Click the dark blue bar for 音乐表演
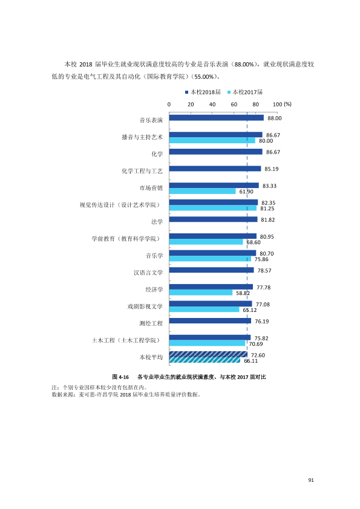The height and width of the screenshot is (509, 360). tap(217, 118)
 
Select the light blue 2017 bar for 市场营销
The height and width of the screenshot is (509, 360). tap(203, 191)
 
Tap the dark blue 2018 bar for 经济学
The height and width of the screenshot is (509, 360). tap(211, 287)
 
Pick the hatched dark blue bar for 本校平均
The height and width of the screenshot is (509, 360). tap(208, 354)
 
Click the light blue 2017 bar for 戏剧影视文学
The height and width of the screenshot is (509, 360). tap(205, 310)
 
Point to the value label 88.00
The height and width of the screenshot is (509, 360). tap(275, 118)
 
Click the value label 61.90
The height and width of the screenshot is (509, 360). tap(246, 192)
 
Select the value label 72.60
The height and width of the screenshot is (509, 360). tap(258, 355)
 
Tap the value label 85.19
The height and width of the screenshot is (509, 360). tap(272, 169)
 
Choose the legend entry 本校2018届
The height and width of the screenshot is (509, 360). tap(203, 92)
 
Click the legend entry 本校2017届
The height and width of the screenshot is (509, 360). tap(245, 92)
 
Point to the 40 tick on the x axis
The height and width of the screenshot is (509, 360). tap(212, 104)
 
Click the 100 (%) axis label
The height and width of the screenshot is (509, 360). tap(282, 104)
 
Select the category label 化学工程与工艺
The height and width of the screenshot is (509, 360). tap(142, 171)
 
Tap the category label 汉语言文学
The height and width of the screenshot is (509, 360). tap(148, 273)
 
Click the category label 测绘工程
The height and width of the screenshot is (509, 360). tap(151, 323)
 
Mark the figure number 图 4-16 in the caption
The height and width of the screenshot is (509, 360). tap(120, 377)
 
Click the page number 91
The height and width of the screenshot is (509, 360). tap(311, 480)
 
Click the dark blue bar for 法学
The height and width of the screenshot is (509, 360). tap(213, 219)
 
